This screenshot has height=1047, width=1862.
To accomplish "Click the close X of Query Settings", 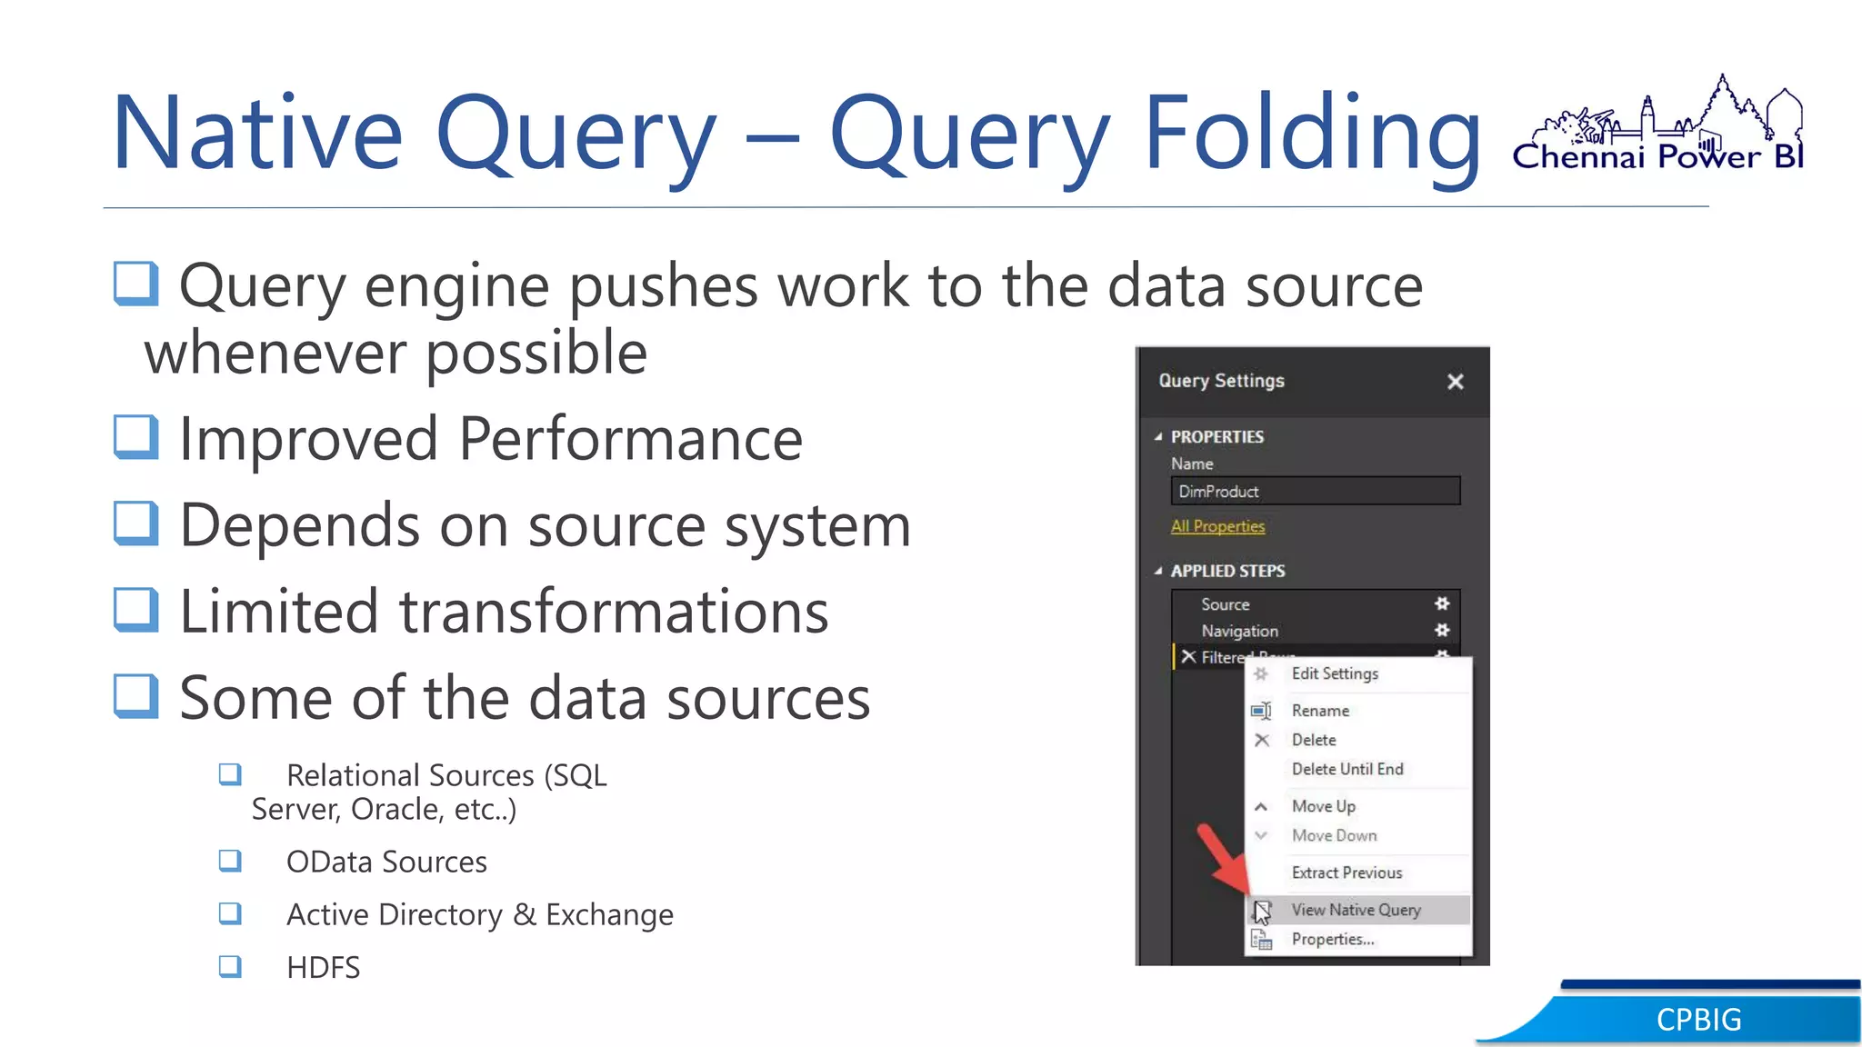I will coord(1455,382).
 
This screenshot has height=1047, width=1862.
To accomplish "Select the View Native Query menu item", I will coord(1356,910).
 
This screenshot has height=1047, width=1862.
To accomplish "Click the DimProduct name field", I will coord(1315,492).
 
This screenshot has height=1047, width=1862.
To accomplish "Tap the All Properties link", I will coord(1217,526).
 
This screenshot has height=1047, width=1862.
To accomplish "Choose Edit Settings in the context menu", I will coord(1335,673).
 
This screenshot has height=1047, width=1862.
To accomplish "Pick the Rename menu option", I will coord(1320,711).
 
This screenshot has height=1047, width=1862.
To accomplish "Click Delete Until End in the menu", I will coord(1347,769).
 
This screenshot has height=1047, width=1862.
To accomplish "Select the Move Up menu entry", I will coord(1323,806).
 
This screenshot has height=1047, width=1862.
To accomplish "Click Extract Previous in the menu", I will coord(1346,872).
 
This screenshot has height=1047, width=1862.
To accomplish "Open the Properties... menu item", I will coord(1333,939).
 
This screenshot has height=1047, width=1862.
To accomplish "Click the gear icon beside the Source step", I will coord(1442,603).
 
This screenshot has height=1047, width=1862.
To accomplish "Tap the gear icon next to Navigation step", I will coord(1442,630).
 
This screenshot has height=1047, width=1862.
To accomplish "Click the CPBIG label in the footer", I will coord(1698,1020).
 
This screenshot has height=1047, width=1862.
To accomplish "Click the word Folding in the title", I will coord(1313,134).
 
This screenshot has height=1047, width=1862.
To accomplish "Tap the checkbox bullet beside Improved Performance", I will coord(136,437).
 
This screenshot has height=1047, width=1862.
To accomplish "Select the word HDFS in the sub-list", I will coord(323,967).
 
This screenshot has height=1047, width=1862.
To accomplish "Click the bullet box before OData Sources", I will coord(230,861).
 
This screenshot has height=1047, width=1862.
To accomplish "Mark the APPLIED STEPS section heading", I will coord(1227,571).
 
